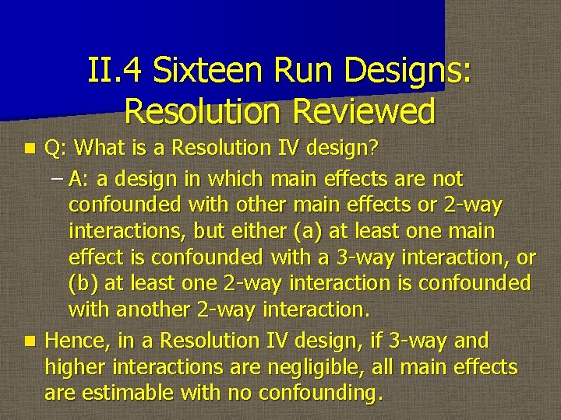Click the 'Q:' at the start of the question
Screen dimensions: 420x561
coord(55,147)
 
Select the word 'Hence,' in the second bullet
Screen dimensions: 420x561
coord(76,341)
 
